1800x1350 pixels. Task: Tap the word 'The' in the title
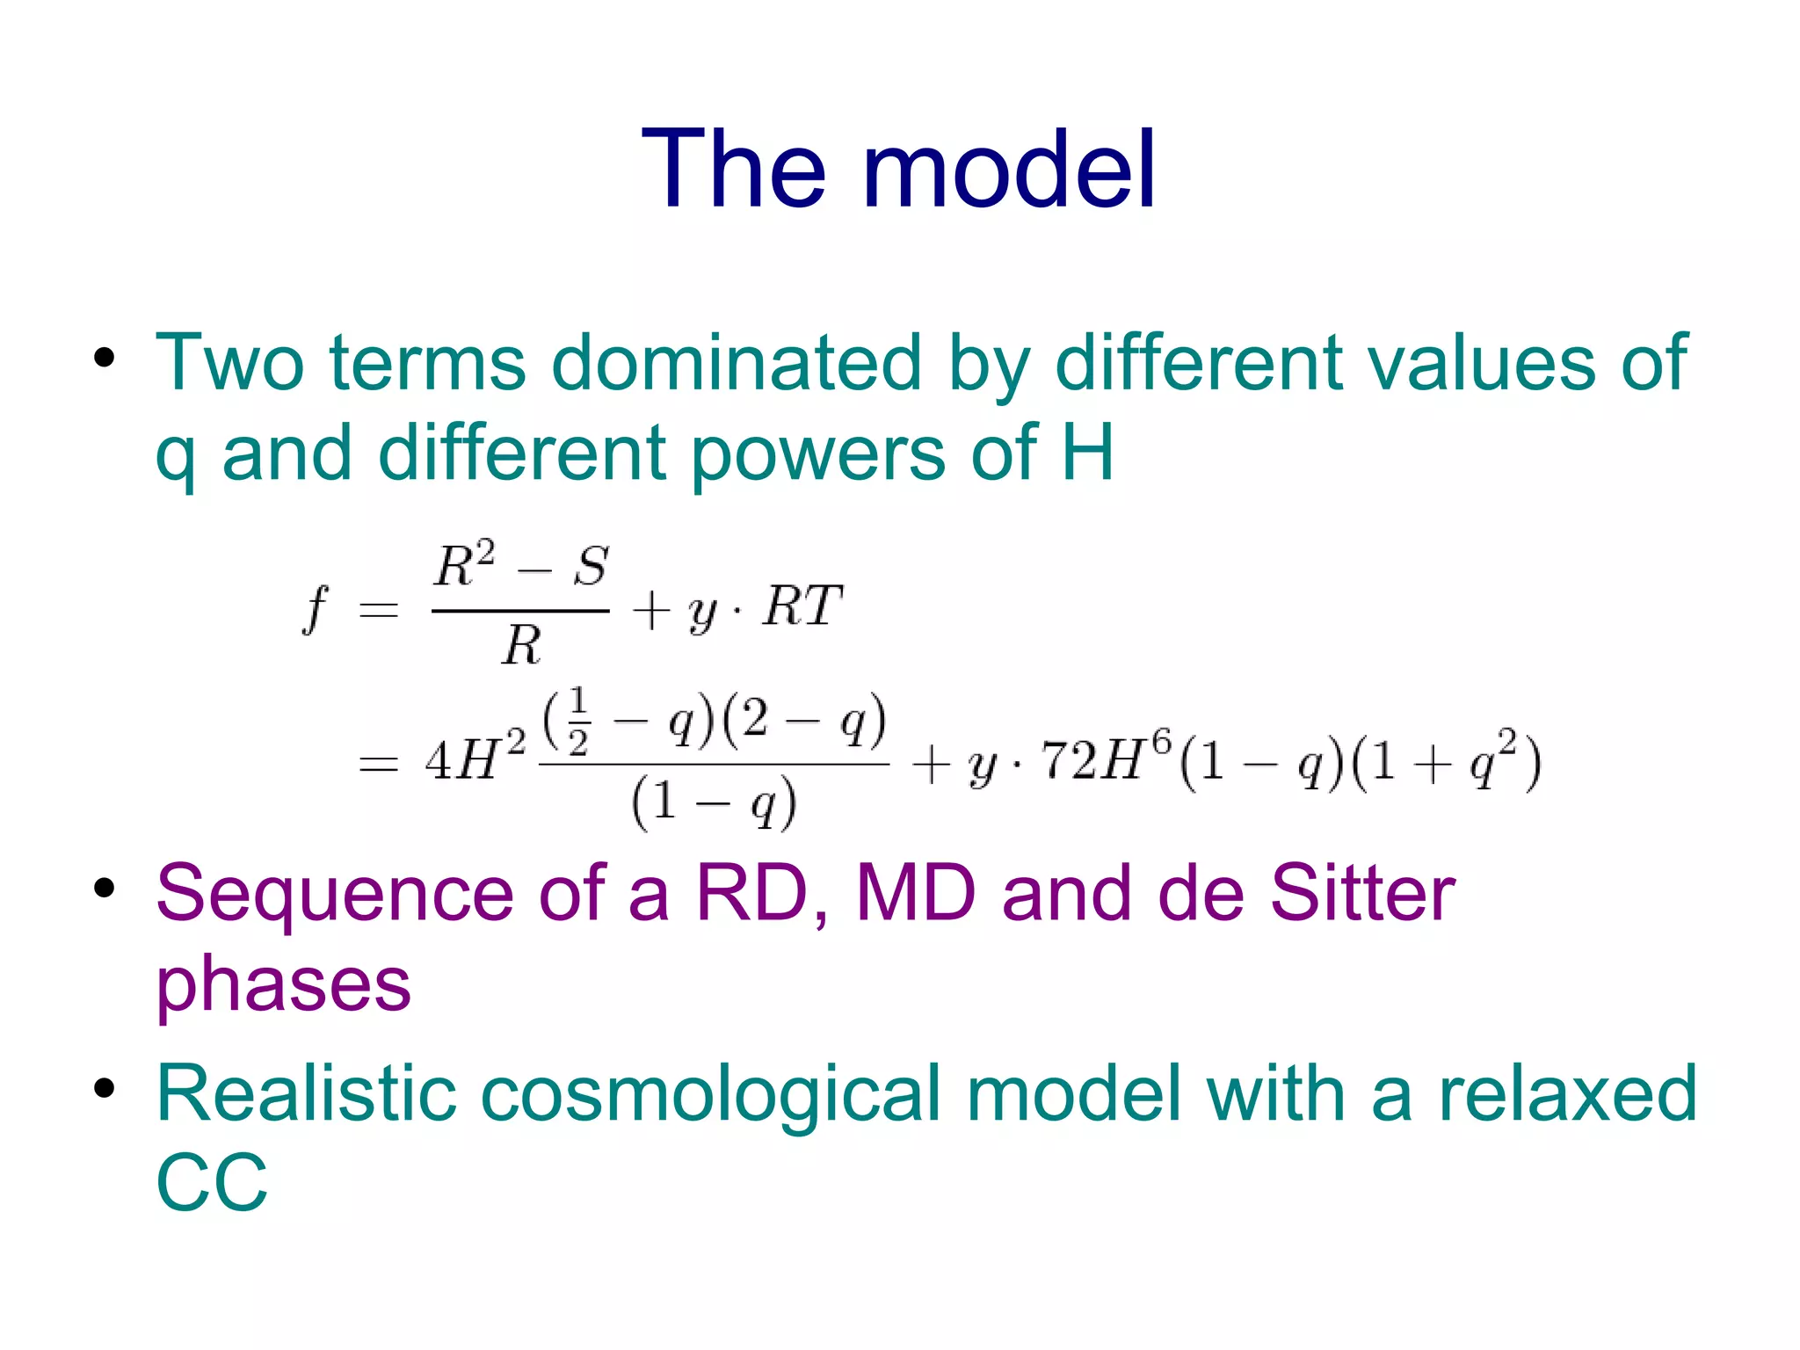pyautogui.click(x=734, y=169)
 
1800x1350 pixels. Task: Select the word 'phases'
pyautogui.click(x=283, y=984)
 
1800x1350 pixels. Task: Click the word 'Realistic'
pyautogui.click(x=307, y=1093)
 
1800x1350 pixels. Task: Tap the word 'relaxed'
pyautogui.click(x=1568, y=1093)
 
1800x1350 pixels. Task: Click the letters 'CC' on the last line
pyautogui.click(x=212, y=1183)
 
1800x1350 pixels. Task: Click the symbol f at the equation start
pyautogui.click(x=315, y=608)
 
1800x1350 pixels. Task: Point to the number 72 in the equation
pyautogui.click(x=1070, y=760)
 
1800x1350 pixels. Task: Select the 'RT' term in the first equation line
pyautogui.click(x=802, y=606)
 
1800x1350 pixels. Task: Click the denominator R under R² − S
pyautogui.click(x=521, y=645)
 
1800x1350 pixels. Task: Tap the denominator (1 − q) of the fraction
pyautogui.click(x=714, y=802)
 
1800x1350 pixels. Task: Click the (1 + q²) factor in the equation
pyautogui.click(x=1446, y=760)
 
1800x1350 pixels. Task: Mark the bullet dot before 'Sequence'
pyautogui.click(x=105, y=889)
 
